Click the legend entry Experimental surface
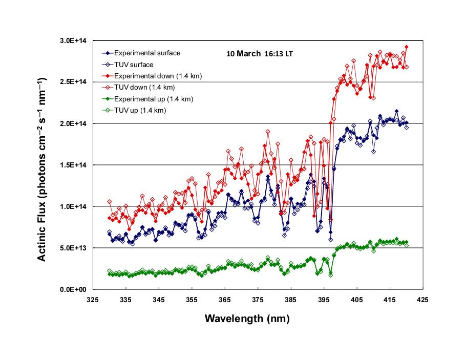(147, 53)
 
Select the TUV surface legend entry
(134, 65)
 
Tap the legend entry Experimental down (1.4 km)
(158, 76)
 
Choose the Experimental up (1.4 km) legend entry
(154, 99)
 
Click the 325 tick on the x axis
(92, 299)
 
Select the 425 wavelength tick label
(422, 299)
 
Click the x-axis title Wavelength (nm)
(247, 319)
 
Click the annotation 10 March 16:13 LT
(260, 53)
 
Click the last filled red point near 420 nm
(407, 47)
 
